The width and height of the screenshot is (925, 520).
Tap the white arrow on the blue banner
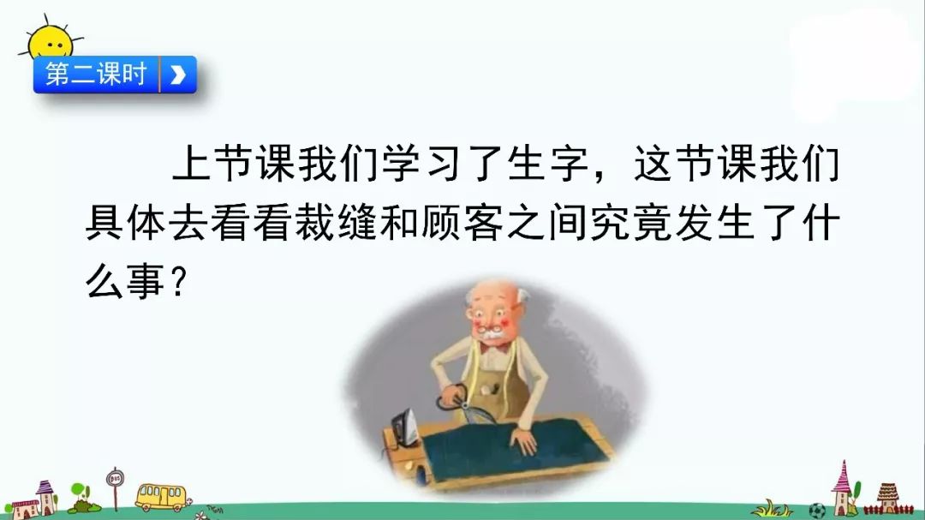coord(177,75)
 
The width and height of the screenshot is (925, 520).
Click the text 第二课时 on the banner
coord(96,75)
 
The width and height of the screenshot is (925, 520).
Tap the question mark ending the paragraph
coord(179,282)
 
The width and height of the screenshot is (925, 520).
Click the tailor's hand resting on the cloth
coord(522,439)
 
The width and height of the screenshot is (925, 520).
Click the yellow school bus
coord(160,498)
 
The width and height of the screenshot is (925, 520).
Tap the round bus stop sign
coord(115,478)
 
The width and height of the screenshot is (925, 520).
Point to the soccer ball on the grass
coord(816,510)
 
